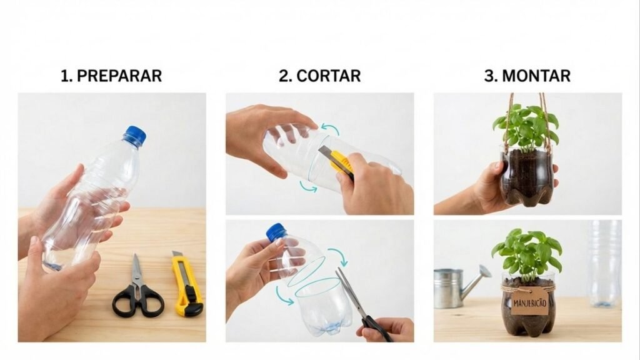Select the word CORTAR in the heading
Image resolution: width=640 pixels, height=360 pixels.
pos(329,76)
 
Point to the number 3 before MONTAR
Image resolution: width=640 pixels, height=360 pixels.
pos(489,76)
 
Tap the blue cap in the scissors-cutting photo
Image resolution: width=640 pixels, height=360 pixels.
pos(276,232)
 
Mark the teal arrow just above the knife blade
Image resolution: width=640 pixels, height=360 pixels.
pos(329,129)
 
